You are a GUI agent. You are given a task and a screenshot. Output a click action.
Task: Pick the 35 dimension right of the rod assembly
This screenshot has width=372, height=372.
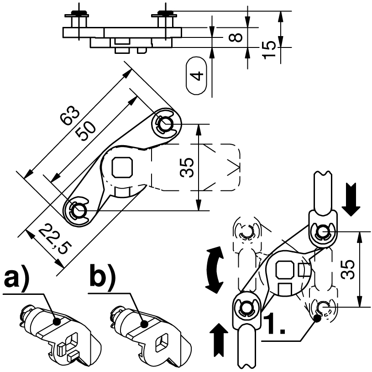tap(348, 270)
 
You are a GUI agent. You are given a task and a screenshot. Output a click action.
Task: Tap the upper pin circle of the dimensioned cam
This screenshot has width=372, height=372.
tap(164, 122)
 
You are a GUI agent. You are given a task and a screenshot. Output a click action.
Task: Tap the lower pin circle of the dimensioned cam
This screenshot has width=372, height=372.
tap(79, 210)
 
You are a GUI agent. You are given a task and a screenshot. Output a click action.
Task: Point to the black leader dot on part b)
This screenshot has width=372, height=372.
tap(143, 325)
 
